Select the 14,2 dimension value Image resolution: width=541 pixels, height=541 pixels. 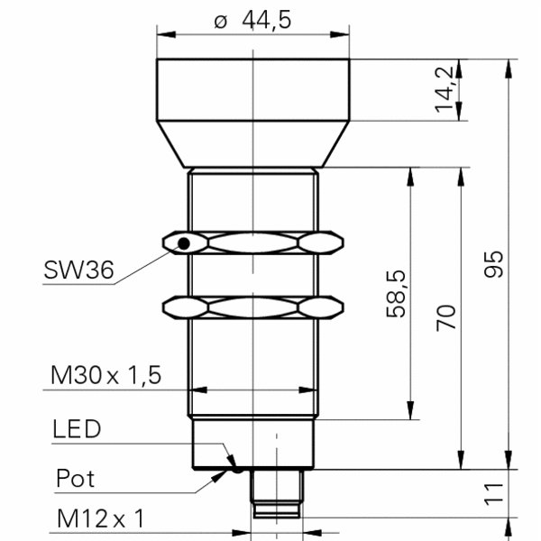coord(443,90)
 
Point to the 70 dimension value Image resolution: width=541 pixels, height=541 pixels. coord(445,317)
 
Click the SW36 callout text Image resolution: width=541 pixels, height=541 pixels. coord(77,269)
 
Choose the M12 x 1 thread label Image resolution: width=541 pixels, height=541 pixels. coord(100,519)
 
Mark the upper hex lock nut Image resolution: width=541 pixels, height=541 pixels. coord(255,242)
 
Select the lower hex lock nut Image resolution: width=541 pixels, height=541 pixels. coord(255,307)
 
